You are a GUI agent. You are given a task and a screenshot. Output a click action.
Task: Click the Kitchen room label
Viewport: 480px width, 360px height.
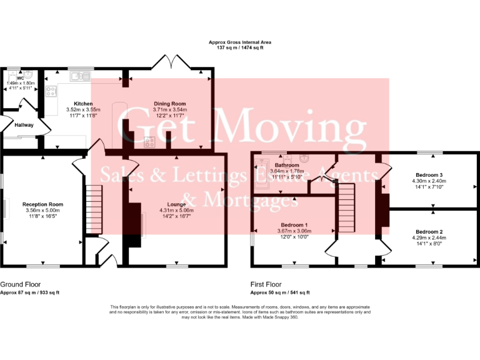point(83,104)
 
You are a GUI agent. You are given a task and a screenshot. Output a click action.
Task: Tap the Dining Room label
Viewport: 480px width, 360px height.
point(170,104)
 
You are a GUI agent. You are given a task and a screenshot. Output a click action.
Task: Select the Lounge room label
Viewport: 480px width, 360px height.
point(176,204)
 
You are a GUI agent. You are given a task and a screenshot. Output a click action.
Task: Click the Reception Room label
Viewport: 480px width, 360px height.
point(42,204)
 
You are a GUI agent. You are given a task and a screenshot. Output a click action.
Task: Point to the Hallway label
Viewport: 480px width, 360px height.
point(24,125)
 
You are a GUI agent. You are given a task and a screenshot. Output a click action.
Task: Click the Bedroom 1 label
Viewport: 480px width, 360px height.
point(294,224)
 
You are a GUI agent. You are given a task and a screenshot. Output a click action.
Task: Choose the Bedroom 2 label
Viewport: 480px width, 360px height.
point(429,232)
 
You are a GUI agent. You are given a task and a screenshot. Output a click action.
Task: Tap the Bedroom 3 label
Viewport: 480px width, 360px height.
point(429,175)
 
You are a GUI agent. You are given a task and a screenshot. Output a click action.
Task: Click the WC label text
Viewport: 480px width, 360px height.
point(20,78)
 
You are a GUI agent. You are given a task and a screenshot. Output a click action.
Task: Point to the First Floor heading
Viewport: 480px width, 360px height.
point(267,284)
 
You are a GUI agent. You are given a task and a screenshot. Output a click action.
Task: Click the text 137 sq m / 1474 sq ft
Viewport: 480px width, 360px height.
point(240,47)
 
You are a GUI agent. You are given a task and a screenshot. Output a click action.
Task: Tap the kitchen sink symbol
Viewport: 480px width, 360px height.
point(80,77)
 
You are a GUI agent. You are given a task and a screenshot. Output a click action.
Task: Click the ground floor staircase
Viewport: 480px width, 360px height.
point(92,209)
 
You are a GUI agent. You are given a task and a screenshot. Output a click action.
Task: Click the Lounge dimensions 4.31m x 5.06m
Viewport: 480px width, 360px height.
point(176,211)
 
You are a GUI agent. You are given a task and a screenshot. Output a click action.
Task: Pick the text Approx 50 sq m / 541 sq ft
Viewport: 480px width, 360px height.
point(280,292)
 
